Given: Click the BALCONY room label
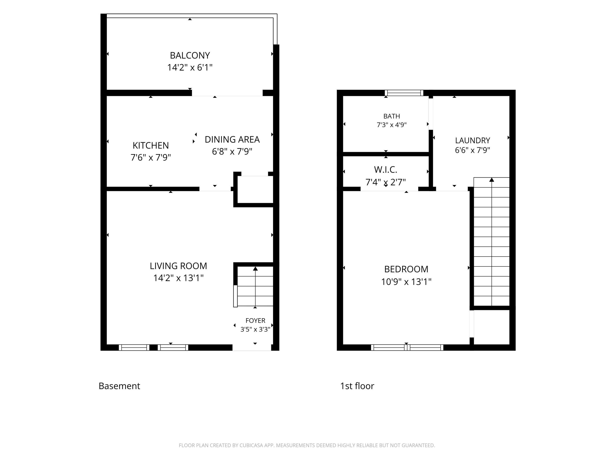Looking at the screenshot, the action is click(190, 56).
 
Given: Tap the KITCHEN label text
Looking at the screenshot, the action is click(151, 145).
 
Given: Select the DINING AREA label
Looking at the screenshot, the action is click(232, 140).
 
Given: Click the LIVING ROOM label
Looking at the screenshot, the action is click(178, 266).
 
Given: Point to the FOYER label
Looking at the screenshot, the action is click(255, 321).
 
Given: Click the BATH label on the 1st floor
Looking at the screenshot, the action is click(392, 116).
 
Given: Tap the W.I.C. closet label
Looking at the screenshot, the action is click(386, 169).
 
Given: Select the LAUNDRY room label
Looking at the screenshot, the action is click(472, 140).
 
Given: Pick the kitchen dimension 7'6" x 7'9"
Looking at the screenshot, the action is click(151, 158).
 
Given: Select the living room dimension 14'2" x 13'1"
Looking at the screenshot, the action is click(178, 278).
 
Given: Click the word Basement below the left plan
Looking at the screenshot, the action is click(119, 386).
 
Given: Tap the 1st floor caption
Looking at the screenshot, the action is click(357, 386).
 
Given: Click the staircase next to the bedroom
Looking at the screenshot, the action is click(491, 242).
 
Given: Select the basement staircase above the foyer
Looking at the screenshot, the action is click(255, 286).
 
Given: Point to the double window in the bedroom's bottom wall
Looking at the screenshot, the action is click(407, 347).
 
